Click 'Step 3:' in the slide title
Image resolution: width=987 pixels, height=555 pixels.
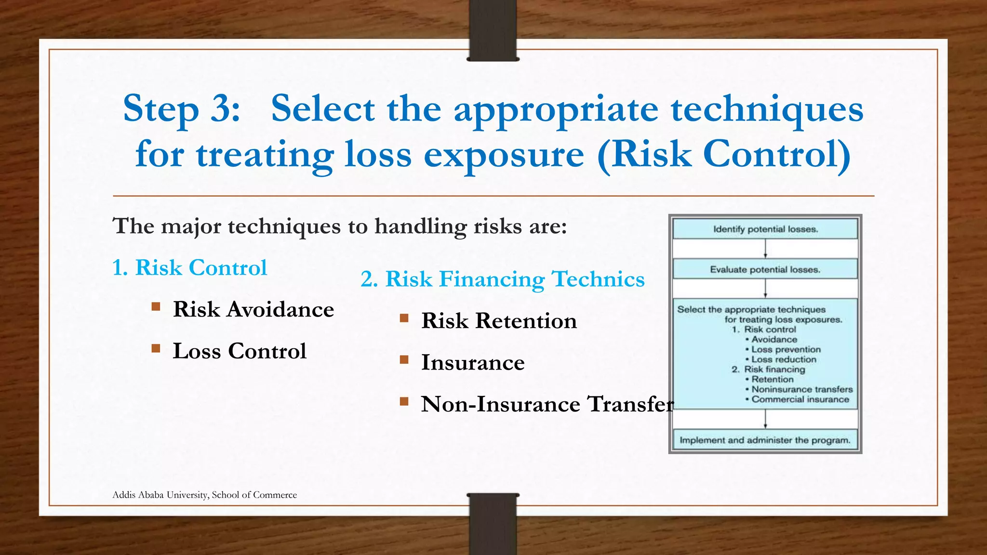click(x=181, y=109)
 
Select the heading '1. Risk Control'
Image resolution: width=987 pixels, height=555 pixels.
click(x=189, y=267)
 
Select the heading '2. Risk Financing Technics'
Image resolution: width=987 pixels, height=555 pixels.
click(x=502, y=279)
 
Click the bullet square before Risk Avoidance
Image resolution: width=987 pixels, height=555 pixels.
click(x=156, y=306)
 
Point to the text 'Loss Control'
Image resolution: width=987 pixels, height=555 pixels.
click(x=240, y=351)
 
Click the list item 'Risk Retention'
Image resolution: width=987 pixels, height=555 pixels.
click(x=499, y=321)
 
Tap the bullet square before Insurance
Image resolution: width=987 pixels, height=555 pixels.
click(x=404, y=359)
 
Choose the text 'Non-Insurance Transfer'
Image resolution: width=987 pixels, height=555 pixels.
click(x=547, y=404)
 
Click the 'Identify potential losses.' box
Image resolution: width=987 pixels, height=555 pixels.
click(x=765, y=229)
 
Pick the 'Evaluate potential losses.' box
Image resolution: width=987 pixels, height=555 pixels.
click(x=765, y=269)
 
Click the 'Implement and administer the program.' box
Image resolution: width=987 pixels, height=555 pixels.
click(x=765, y=440)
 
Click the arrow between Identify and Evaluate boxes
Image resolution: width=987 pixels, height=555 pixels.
click(x=765, y=249)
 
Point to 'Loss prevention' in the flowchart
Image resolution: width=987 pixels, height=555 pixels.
click(x=786, y=349)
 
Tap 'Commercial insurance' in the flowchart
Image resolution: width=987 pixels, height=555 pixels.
click(x=800, y=399)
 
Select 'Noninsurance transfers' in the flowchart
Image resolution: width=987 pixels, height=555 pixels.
click(x=802, y=389)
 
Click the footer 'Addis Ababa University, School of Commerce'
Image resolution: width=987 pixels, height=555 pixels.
click(x=204, y=495)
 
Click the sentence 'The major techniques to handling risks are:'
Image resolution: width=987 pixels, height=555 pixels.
click(x=340, y=226)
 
